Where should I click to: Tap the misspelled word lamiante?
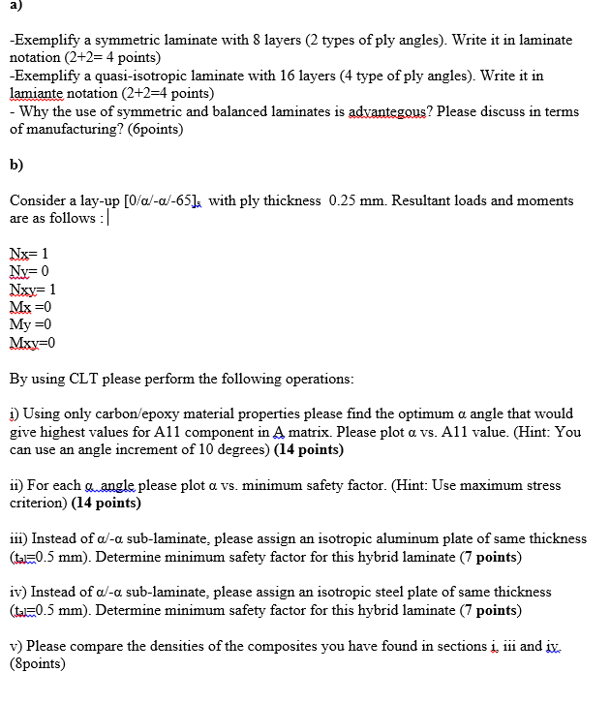[36, 93]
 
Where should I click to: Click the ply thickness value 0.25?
[345, 201]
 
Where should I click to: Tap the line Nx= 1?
[28, 254]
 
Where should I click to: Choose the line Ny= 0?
[29, 271]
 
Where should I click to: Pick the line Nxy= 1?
[32, 289]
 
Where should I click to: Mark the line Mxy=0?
[33, 342]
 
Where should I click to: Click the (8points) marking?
[38, 663]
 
